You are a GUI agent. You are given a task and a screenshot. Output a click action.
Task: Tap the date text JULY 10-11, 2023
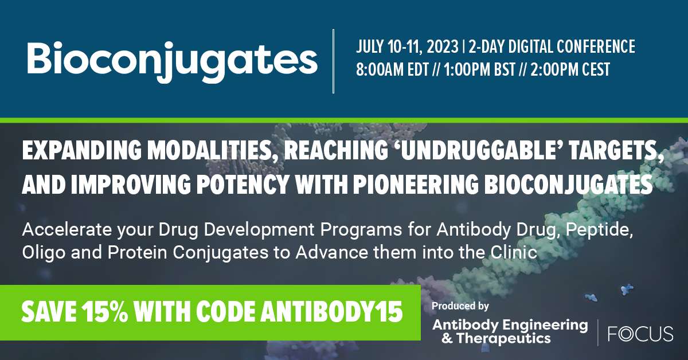point(406,46)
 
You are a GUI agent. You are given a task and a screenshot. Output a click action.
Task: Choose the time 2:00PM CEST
point(574,70)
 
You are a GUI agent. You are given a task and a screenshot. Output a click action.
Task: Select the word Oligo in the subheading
point(40,253)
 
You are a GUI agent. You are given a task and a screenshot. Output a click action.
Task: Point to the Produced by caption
point(460,306)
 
